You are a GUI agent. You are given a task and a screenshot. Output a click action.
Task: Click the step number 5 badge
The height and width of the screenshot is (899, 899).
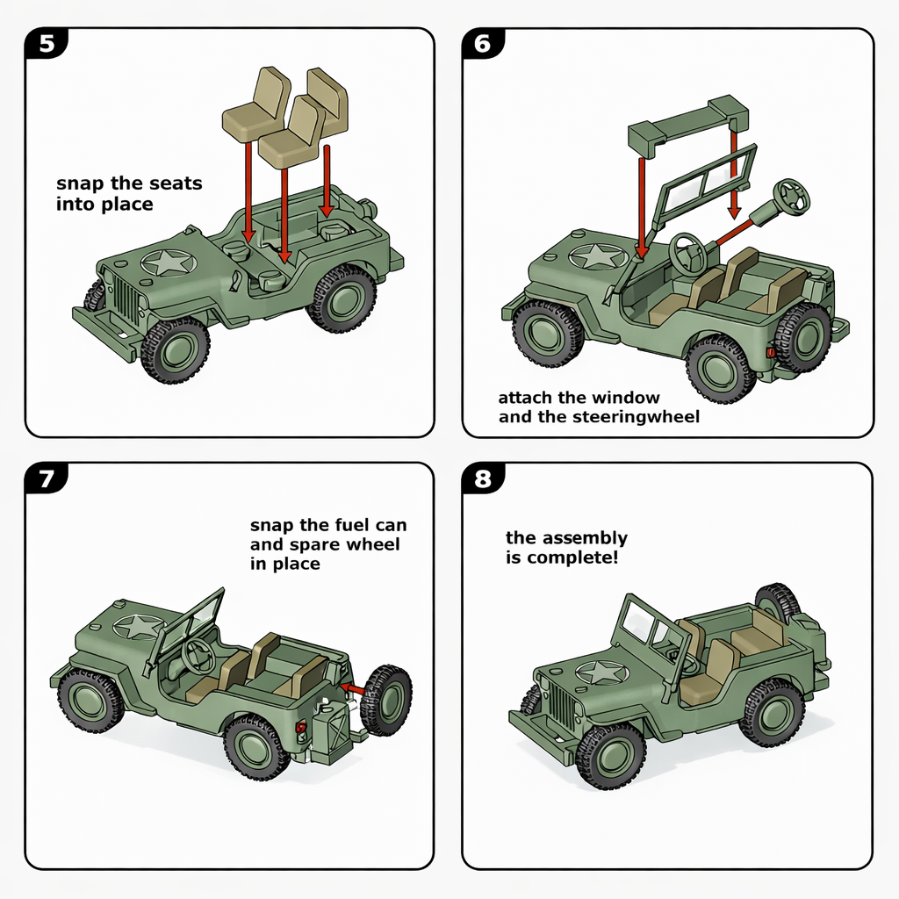tap(47, 45)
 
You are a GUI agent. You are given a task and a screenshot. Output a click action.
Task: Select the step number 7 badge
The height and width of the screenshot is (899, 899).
tap(47, 479)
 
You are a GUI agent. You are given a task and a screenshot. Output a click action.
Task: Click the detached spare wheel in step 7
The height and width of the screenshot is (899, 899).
tap(386, 700)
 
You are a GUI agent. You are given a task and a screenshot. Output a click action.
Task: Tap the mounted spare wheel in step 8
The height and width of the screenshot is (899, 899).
tap(776, 605)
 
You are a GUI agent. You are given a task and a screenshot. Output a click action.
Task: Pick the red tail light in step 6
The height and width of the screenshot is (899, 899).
tap(771, 352)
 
